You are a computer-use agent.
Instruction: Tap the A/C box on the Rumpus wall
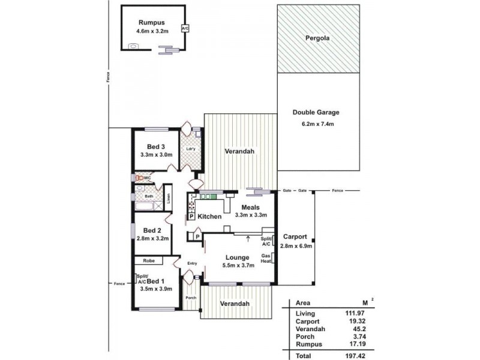pos(185,28)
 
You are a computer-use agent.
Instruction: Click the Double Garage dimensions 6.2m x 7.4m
pos(317,124)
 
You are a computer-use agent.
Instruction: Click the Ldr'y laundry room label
pos(192,149)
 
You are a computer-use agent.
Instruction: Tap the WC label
pos(147,178)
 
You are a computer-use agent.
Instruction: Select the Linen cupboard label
pos(169,198)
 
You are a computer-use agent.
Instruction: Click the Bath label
pos(149,196)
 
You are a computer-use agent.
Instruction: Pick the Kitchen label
pos(209,216)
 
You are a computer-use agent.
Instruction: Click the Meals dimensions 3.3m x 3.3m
pos(250,215)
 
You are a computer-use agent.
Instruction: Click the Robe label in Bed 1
pos(149,261)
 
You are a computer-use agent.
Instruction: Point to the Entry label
pos(192,263)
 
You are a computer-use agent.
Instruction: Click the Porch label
pos(191,298)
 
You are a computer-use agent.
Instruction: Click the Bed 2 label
pos(152,230)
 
